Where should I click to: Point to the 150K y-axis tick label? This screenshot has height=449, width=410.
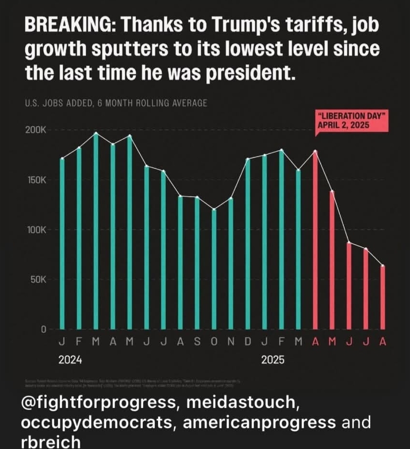37,180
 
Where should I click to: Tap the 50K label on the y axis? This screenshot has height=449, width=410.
39,280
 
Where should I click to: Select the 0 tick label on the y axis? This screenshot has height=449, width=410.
43,329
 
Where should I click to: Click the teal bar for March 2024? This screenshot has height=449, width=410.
96,231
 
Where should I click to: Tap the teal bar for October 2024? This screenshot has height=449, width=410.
214,269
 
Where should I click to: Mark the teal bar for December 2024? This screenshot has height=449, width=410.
248,244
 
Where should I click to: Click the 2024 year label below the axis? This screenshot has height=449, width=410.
70,360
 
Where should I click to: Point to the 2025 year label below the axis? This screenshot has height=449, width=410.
273,360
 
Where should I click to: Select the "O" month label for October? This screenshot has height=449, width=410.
214,342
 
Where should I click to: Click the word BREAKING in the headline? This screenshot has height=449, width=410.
71,26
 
